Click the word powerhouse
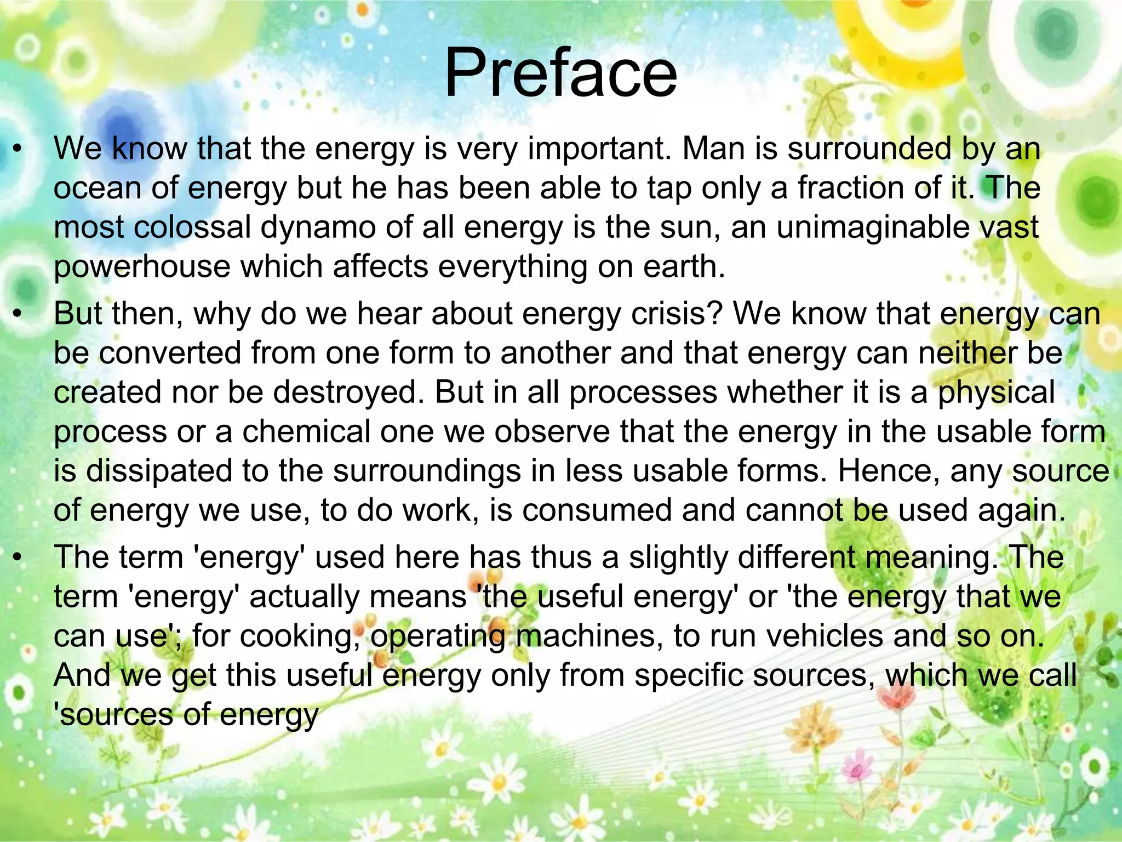(x=142, y=267)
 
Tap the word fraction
(x=850, y=188)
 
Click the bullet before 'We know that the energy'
(x=18, y=150)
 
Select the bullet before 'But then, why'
(x=18, y=315)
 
